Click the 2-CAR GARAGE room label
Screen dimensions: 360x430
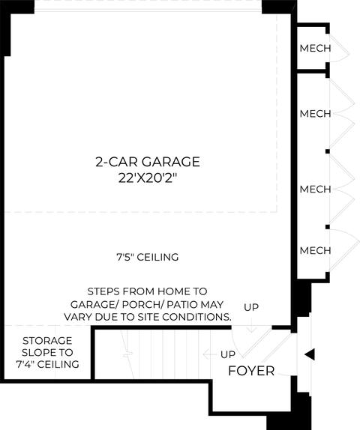tap(148, 162)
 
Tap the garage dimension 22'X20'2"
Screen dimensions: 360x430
tap(147, 178)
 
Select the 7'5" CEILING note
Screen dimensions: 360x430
tap(148, 257)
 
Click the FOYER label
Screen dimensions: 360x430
tap(251, 371)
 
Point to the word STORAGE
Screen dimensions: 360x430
tap(47, 341)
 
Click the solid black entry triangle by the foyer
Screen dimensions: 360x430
tap(310, 354)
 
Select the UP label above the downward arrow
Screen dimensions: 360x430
tap(251, 307)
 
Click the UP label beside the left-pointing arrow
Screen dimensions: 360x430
tap(228, 354)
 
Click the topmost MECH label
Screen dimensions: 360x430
tap(315, 48)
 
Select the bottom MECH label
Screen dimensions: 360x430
tap(315, 250)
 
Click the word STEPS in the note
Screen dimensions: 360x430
tap(103, 291)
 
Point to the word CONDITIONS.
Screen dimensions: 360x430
tap(196, 317)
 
